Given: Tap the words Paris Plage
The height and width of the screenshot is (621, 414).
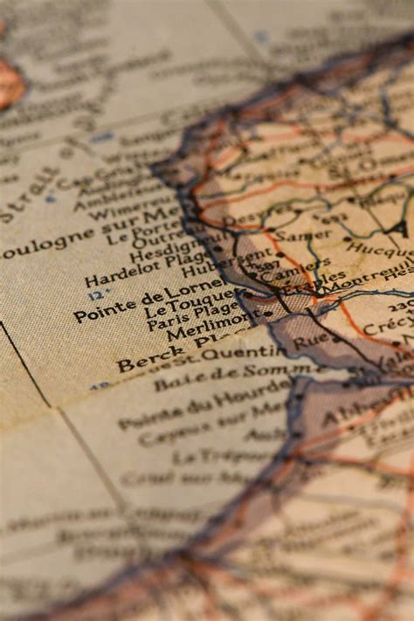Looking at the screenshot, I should tap(192, 316).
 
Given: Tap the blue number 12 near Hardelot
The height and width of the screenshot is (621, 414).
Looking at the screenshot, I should tap(95, 294).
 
